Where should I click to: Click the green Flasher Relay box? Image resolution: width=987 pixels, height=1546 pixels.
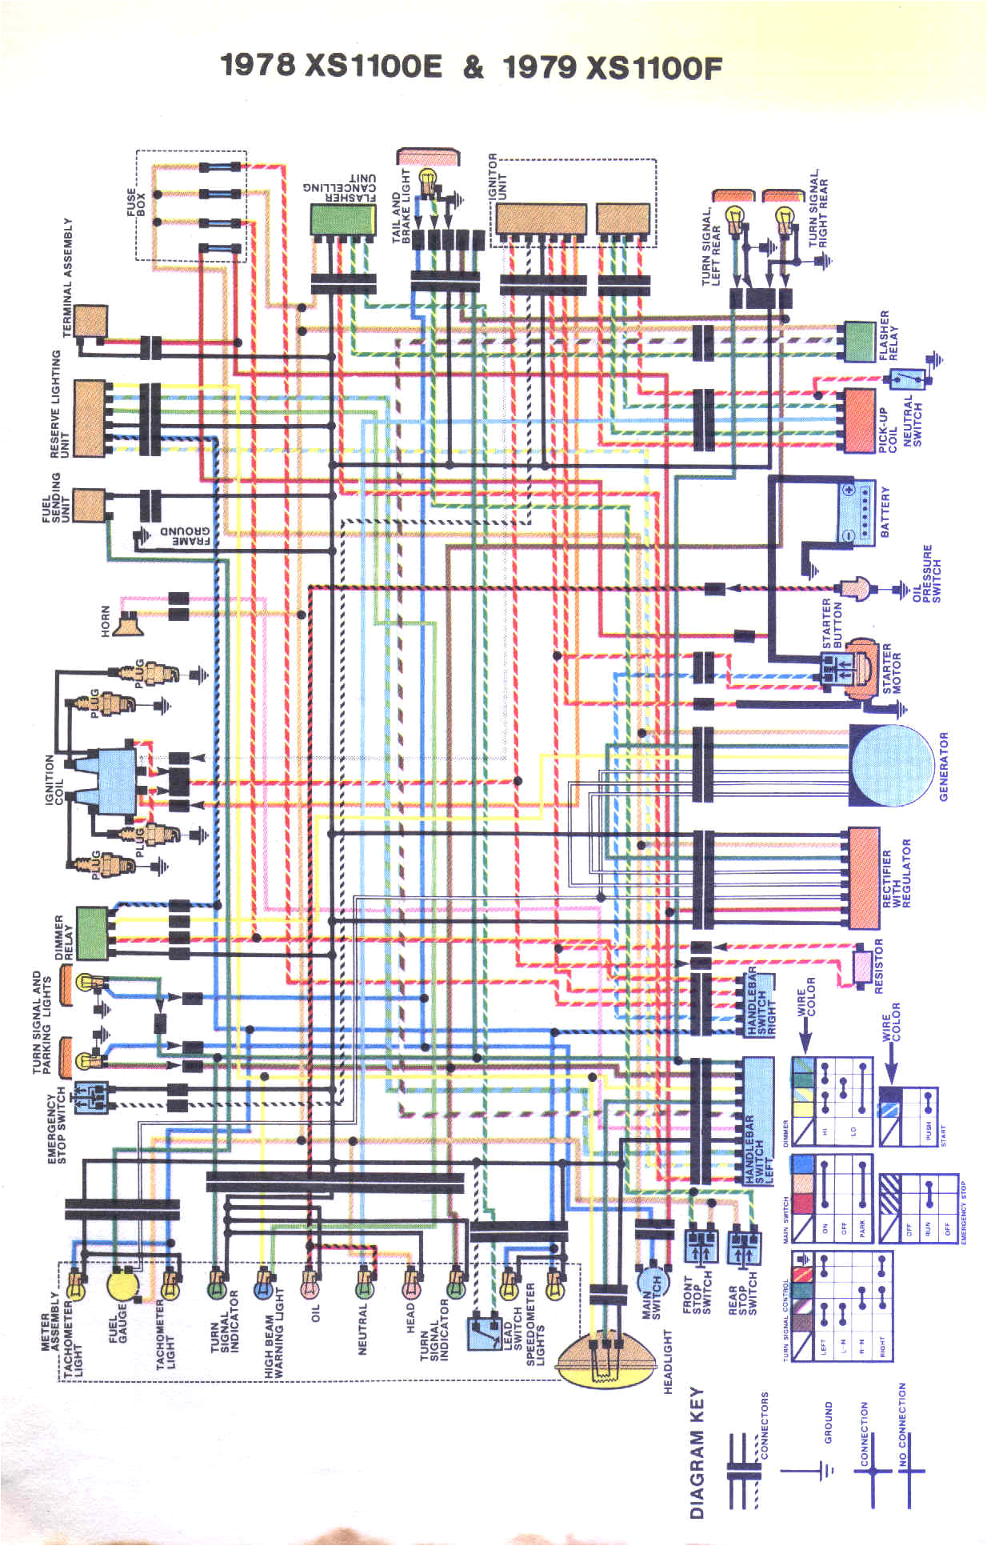(860, 342)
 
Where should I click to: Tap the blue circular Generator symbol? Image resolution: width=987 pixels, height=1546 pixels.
(890, 766)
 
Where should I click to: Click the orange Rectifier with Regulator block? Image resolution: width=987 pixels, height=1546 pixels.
(864, 878)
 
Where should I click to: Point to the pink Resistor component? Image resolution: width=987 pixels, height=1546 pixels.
(864, 966)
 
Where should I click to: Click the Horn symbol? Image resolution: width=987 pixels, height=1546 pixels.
(127, 623)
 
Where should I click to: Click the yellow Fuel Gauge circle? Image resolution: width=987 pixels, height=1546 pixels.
(123, 1285)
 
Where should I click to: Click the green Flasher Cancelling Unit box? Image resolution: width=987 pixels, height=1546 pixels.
(342, 219)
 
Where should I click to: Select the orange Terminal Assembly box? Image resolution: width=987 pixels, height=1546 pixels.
(91, 321)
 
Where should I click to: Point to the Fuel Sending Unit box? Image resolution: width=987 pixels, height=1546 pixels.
(89, 505)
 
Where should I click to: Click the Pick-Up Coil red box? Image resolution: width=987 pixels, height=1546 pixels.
(860, 420)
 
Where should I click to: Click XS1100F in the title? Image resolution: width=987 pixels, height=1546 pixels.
(653, 67)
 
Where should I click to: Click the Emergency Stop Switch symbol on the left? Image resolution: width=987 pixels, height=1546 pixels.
(90, 1098)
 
